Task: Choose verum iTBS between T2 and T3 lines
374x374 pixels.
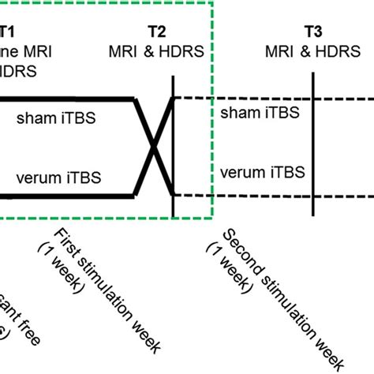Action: pos(261,171)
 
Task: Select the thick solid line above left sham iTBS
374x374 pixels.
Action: pos(63,99)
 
